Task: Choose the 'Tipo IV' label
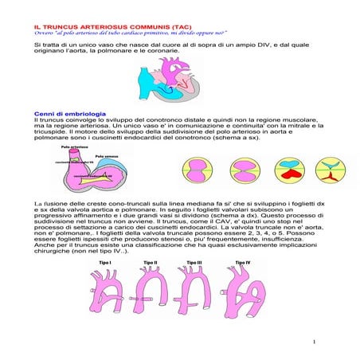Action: point(243,261)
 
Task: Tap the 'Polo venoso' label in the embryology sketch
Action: point(106,156)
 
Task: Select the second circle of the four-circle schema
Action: point(242,172)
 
